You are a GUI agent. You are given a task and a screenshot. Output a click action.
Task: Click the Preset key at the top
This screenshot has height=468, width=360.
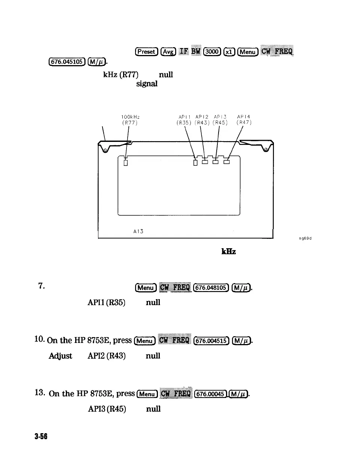147,52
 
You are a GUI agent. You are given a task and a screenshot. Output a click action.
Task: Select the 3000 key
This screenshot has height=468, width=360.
212,52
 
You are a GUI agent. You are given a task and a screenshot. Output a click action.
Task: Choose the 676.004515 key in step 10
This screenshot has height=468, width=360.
211,340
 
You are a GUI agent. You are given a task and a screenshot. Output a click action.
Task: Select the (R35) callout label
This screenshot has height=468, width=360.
184,122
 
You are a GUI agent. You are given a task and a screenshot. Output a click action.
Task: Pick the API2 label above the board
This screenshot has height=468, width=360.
202,117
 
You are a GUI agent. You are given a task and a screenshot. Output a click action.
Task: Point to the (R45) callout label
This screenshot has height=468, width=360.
220,122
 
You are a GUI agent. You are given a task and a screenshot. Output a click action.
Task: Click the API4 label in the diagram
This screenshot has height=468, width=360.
244,117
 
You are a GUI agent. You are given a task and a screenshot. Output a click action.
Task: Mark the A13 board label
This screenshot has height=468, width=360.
138,231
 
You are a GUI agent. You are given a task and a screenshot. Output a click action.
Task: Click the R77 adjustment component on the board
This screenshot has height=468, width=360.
126,163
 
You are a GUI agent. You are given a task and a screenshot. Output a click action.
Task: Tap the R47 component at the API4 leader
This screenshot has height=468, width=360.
226,162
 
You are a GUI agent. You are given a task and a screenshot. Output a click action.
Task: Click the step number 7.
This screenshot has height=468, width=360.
42,286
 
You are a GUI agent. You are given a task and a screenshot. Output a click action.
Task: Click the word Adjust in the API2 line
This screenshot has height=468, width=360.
60,356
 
